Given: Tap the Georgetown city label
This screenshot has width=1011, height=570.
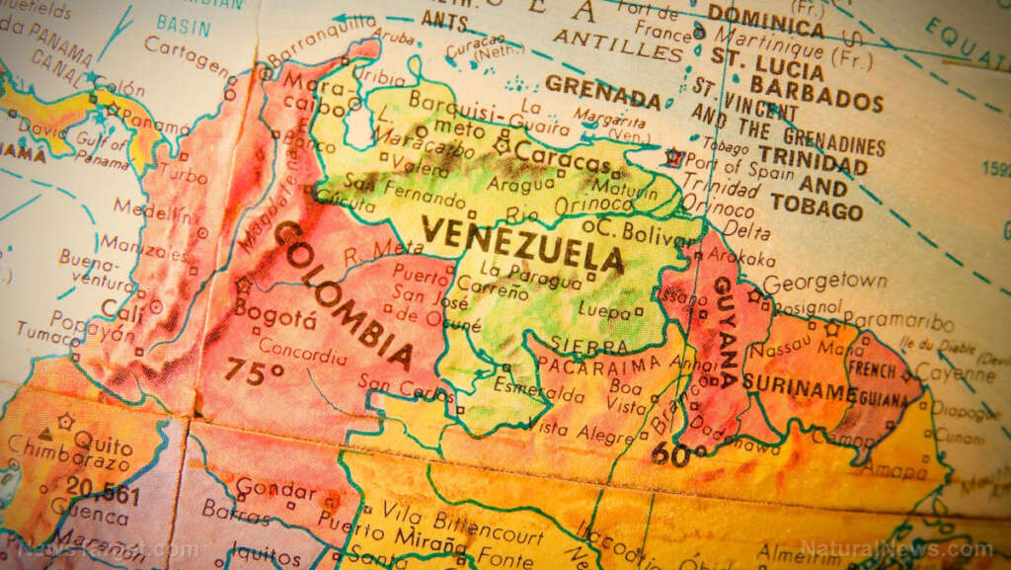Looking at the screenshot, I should coord(824,282).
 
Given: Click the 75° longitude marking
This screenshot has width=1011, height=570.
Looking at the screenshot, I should coord(253,370).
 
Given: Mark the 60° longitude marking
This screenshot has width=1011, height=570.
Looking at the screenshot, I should coord(678,453).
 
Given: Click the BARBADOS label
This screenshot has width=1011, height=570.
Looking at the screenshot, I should coord(829,100).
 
